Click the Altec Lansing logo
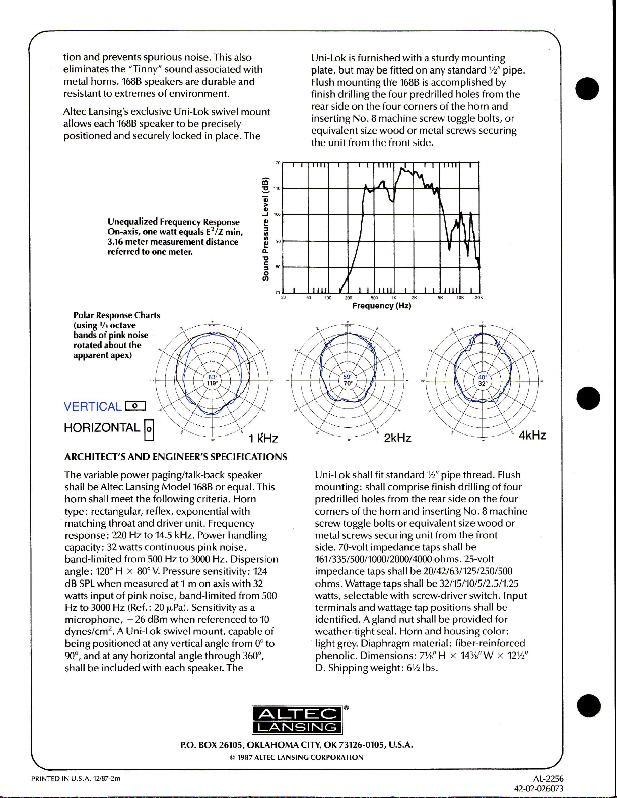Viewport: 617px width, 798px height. (x=297, y=720)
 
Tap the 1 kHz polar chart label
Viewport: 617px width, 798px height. (x=263, y=439)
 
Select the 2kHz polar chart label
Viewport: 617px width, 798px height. (x=397, y=438)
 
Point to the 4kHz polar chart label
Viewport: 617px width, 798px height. (x=532, y=435)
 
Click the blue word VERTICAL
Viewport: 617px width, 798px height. (x=93, y=407)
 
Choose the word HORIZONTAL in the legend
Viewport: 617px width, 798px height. (x=102, y=428)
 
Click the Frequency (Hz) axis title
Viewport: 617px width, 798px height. (x=382, y=306)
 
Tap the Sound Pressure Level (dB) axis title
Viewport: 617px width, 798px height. (x=265, y=229)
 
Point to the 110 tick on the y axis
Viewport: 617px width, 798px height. (x=277, y=188)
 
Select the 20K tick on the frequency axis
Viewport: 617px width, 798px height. (x=478, y=298)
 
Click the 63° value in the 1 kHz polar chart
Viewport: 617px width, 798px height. (x=213, y=377)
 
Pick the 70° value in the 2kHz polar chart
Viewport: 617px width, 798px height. (x=348, y=383)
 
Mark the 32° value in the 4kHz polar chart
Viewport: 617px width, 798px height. (x=483, y=383)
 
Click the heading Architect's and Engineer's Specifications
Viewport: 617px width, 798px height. (x=176, y=457)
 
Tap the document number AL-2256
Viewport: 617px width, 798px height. (x=548, y=779)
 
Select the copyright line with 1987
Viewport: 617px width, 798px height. (x=296, y=757)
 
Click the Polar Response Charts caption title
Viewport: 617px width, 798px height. (x=117, y=315)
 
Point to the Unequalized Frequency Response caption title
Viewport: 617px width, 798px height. (x=173, y=222)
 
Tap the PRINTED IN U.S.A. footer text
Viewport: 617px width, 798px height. (x=76, y=779)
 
